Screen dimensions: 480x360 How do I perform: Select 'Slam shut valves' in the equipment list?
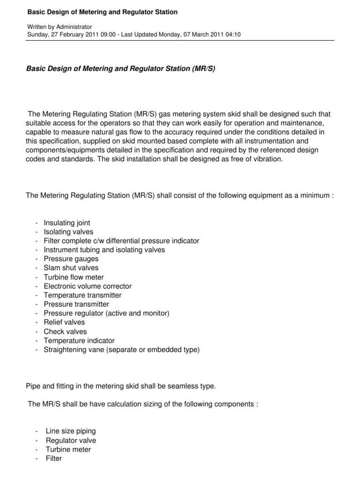point(71,268)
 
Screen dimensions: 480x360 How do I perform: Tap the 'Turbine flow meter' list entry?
point(74,277)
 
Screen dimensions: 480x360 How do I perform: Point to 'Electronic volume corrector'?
point(88,286)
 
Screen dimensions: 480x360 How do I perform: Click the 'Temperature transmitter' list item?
point(82,295)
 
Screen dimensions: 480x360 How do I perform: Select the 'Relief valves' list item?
point(65,322)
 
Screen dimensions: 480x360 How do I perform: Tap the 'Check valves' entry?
point(65,331)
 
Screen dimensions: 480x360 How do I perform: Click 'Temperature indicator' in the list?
point(79,341)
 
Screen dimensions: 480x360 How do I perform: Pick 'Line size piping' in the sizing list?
point(71,431)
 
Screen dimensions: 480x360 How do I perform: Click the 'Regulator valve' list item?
point(71,441)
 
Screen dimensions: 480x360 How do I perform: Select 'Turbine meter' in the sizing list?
point(68,450)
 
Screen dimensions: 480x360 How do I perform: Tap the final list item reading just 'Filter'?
point(54,459)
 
